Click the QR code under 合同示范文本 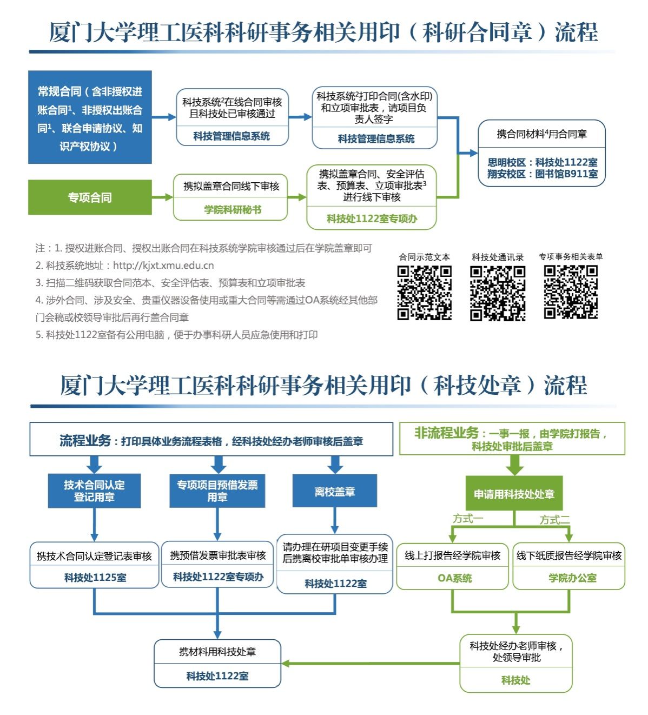tap(425, 293)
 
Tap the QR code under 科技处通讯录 tap(498, 293)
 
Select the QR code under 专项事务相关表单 tap(571, 292)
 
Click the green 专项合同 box tap(90, 197)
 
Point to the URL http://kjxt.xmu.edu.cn tap(163, 266)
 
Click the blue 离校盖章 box tap(334, 491)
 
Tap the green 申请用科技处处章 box tap(514, 493)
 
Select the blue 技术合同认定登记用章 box tap(94, 491)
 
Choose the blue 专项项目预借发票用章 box tap(217, 491)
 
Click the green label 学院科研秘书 tap(233, 210)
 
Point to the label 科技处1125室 tap(95, 578)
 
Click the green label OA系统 tap(454, 578)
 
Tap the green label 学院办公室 tap(572, 578)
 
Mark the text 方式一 tap(467, 519)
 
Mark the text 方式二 tap(554, 520)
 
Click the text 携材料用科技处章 tap(217, 652)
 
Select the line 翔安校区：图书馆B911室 tap(542, 174)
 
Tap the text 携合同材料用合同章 tap(542, 134)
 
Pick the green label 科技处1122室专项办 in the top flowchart tap(372, 219)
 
